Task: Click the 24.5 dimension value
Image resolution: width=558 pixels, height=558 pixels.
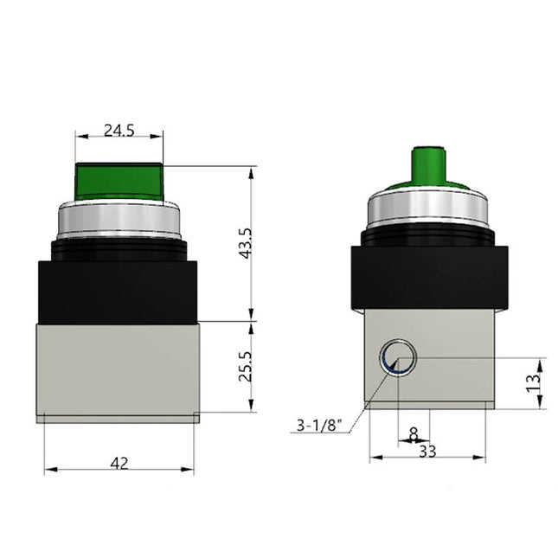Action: (119, 131)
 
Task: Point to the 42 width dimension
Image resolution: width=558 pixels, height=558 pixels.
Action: (119, 463)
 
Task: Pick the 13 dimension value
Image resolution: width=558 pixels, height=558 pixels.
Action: (534, 377)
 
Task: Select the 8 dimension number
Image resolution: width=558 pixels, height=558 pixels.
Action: (413, 432)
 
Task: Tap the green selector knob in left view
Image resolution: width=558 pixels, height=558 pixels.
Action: (119, 180)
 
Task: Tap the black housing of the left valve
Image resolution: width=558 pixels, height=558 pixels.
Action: (119, 288)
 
